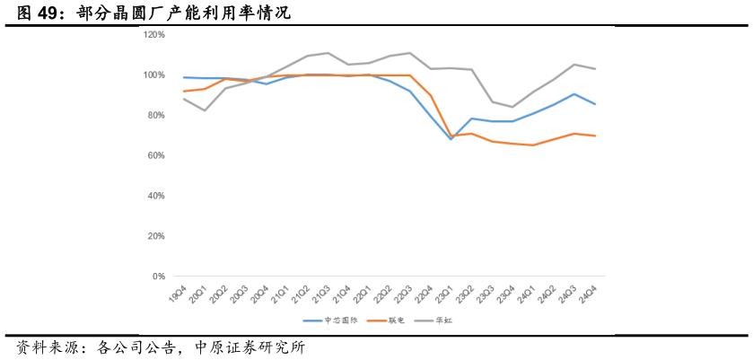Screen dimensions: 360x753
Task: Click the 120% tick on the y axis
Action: [154, 34]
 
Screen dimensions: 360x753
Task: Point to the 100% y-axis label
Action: [154, 75]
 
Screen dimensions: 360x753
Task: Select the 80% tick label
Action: [156, 115]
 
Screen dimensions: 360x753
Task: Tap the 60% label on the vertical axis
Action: [156, 155]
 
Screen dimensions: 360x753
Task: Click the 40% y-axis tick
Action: [156, 196]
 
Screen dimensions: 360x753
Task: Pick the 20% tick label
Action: [156, 236]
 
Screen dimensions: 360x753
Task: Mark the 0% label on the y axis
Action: [159, 277]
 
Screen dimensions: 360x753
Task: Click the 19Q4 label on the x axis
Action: [179, 294]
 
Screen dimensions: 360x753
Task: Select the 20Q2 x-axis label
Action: [219, 294]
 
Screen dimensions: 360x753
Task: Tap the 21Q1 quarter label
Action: [280, 294]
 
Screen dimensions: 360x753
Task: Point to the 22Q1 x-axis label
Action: [363, 294]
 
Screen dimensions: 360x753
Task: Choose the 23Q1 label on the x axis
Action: [444, 294]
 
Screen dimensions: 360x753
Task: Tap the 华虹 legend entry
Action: [443, 320]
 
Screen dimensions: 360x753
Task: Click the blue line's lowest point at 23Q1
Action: [451, 139]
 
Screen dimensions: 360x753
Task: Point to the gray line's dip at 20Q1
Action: [205, 110]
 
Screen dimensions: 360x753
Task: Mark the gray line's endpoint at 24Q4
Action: [595, 69]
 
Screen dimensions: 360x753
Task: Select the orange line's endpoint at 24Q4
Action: [595, 136]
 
